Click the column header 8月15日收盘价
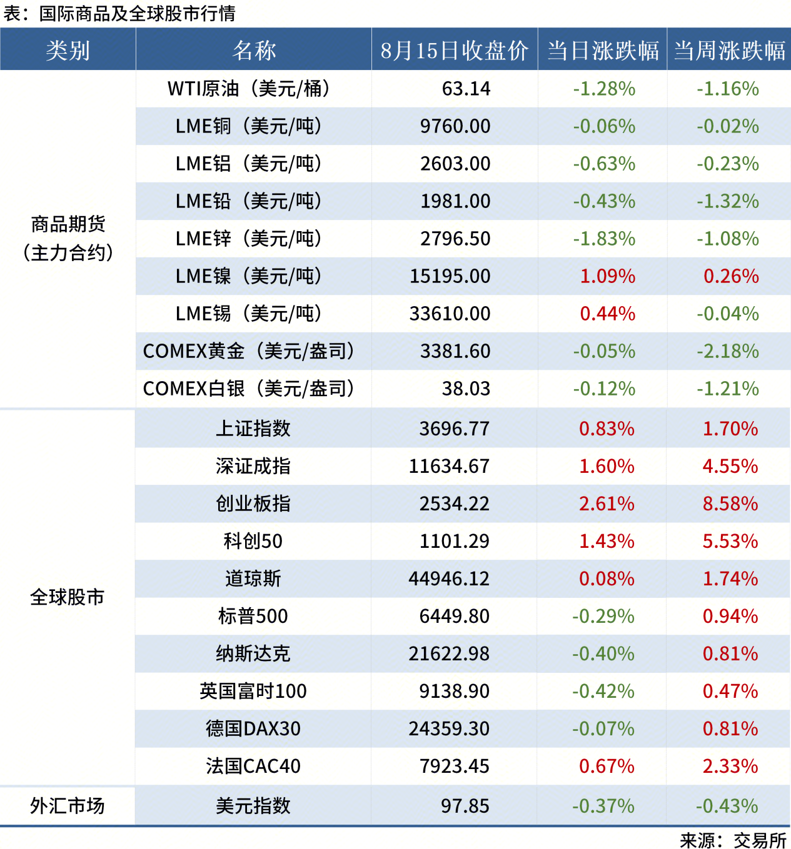455,51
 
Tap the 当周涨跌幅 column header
729,51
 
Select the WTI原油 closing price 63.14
466,89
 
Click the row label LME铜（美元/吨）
249,126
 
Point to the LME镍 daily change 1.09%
607,276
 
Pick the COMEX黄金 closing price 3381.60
455,351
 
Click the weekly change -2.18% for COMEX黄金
728,351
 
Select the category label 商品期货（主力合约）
68,238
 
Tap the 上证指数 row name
253,429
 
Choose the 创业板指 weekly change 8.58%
730,504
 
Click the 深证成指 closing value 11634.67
449,466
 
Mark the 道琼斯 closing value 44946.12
449,578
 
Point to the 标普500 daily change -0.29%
603,616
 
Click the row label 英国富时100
253,691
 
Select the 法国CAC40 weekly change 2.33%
730,766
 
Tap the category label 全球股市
68,597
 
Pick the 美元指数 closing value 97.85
465,806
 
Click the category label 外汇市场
68,806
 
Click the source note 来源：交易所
733,840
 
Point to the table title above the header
119,13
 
